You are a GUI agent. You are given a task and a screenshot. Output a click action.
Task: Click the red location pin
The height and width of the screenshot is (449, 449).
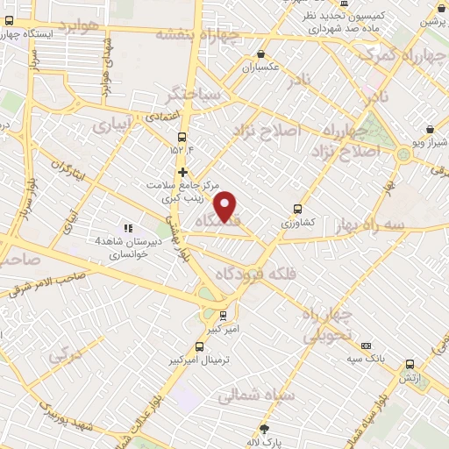226,205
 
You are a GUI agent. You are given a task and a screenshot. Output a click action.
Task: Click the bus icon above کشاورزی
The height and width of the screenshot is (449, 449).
298,209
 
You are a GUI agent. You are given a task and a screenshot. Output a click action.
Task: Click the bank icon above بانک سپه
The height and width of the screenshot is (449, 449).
366,346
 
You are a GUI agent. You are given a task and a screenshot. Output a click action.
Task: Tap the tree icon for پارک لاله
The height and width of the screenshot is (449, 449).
263,429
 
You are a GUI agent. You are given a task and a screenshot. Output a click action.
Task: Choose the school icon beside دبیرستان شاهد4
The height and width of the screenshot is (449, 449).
128,229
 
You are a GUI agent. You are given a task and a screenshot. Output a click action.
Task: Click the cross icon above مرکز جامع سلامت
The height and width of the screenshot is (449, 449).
182,172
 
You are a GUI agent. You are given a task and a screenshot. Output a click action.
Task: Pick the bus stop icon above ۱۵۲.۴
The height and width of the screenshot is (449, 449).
182,137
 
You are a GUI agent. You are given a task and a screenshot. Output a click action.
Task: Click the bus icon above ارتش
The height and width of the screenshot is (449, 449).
410,364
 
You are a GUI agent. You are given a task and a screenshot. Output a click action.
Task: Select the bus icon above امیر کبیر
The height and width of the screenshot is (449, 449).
223,315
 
